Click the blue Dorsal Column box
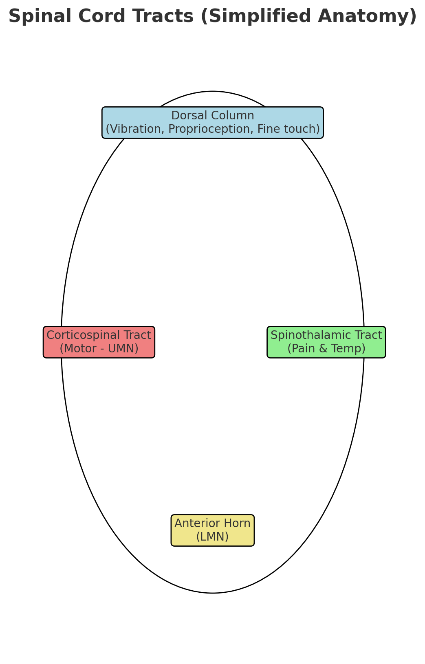point(212,122)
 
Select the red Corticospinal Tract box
point(99,342)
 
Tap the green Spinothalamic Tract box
point(326,342)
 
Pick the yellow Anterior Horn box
point(212,530)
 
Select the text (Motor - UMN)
point(99,349)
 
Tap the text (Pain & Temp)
point(326,349)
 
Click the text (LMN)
point(212,537)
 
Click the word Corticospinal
point(84,335)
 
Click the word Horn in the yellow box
point(237,523)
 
